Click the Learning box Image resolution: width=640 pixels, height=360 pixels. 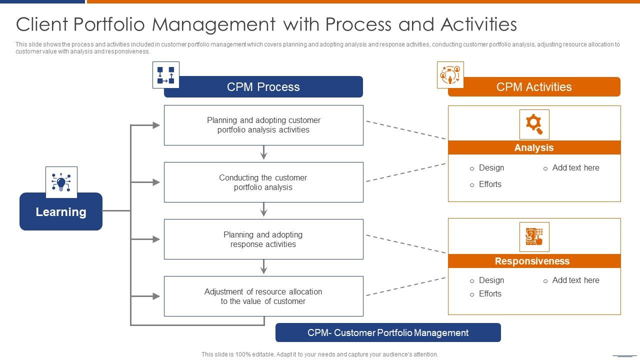tap(61, 212)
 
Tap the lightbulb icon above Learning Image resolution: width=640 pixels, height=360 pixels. tap(61, 182)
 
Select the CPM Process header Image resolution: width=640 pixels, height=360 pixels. tap(263, 87)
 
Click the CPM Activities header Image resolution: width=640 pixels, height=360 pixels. tap(534, 87)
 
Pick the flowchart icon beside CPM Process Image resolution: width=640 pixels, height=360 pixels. tap(166, 75)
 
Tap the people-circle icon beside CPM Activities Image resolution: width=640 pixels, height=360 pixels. tap(450, 75)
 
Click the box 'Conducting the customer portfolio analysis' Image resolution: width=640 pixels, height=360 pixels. tap(263, 182)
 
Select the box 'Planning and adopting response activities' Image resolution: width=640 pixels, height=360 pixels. tap(263, 239)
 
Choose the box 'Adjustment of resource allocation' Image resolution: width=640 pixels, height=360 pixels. tap(263, 296)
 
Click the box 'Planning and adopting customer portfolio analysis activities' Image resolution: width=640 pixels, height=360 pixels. tap(263, 125)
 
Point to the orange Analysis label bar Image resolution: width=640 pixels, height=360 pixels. tap(534, 147)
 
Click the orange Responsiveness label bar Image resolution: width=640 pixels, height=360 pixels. tap(534, 261)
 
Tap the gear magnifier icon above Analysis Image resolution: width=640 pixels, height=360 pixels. tap(534, 124)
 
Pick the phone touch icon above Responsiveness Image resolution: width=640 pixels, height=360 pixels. tap(534, 236)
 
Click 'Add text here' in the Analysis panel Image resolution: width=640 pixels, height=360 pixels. tap(575, 168)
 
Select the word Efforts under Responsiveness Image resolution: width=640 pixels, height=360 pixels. tap(490, 294)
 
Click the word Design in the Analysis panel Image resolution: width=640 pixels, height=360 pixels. tap(491, 168)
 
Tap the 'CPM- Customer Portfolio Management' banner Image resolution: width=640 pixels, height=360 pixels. tap(388, 333)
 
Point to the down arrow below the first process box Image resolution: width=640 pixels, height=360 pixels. tap(264, 153)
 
